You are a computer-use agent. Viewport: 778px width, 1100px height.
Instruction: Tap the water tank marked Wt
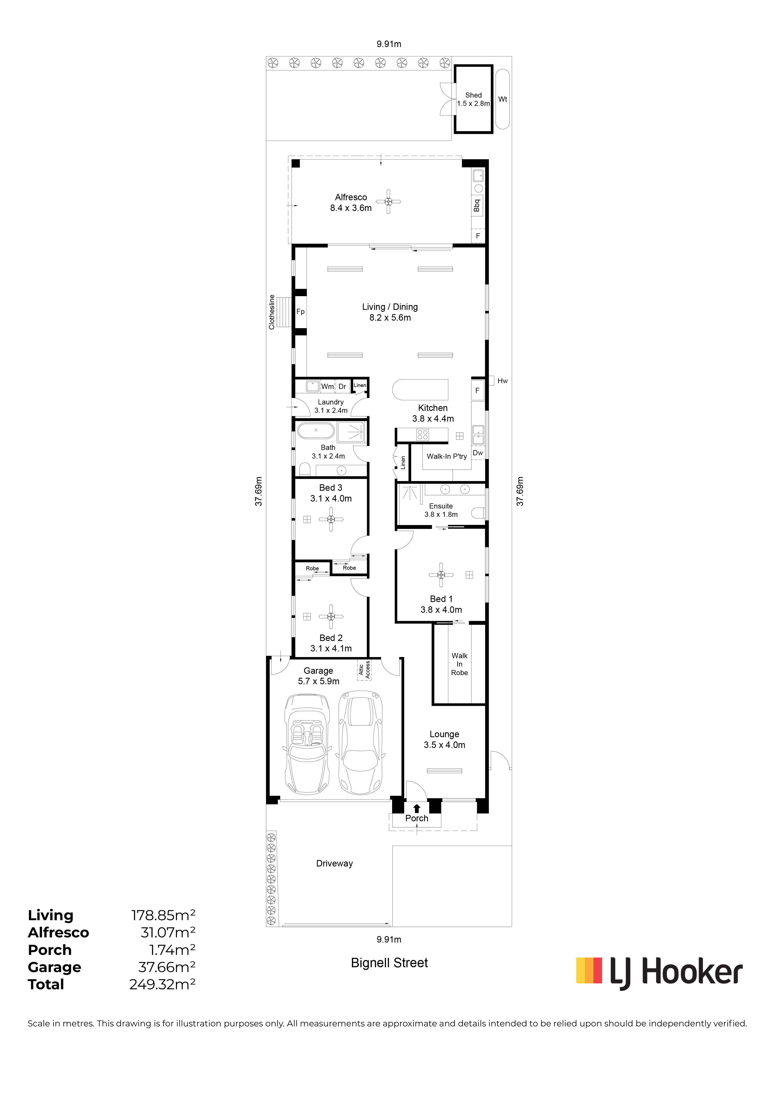(502, 99)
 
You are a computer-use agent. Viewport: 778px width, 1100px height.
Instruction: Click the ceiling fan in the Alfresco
(388, 202)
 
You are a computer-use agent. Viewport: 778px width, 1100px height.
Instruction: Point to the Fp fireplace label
(301, 311)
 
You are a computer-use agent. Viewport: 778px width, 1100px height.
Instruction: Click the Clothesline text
(272, 312)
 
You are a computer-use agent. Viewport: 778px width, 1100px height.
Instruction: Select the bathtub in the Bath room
(316, 431)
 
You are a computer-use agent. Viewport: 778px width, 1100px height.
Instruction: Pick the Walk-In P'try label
(447, 456)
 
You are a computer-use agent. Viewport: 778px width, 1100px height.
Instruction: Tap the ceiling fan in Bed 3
(331, 519)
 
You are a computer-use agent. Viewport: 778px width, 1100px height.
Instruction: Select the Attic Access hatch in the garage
(364, 669)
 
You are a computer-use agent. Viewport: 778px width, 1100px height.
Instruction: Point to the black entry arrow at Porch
(417, 808)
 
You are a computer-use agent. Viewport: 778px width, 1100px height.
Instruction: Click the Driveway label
(335, 863)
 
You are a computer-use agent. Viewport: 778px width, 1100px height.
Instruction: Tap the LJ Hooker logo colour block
(589, 970)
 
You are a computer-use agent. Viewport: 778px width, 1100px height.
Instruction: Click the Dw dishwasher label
(478, 453)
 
